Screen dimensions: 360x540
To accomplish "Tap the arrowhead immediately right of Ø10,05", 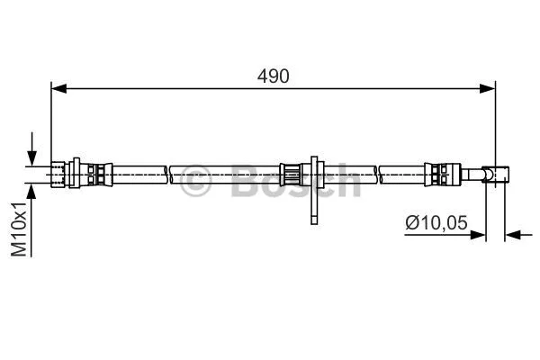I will click(480, 235).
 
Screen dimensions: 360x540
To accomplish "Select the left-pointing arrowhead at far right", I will click(514, 235).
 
